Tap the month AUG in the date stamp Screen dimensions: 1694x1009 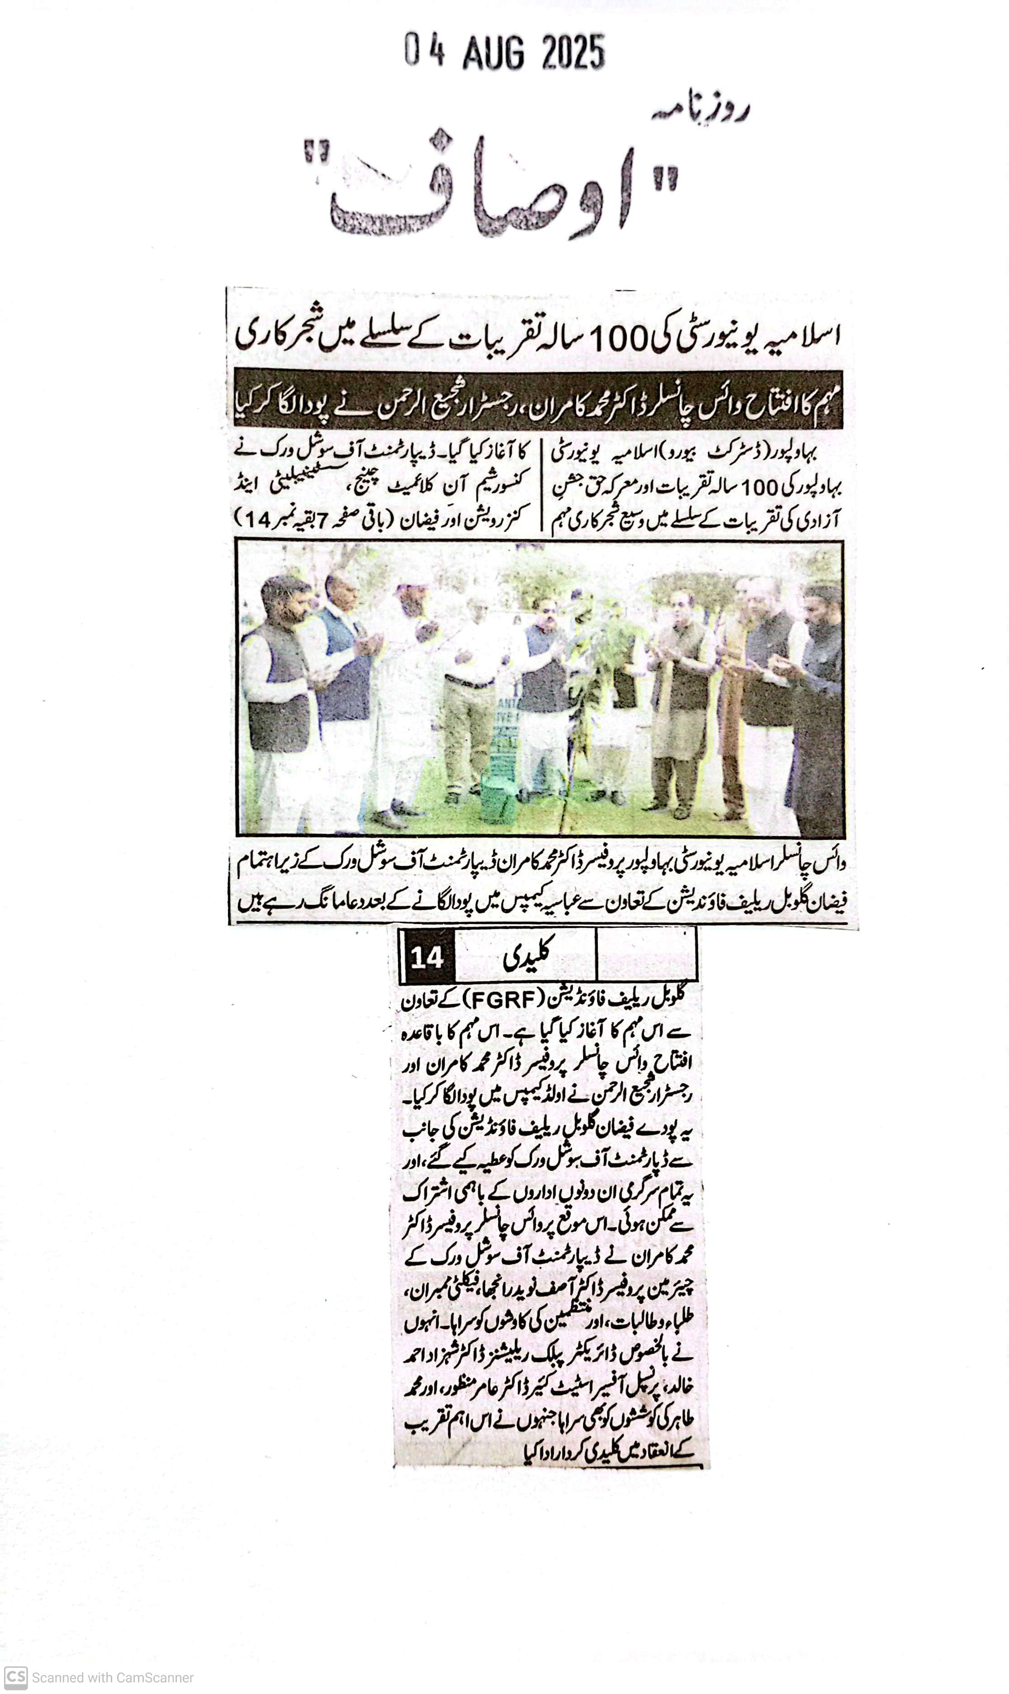click(x=494, y=53)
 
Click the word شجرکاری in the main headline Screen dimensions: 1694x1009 click(x=276, y=336)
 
